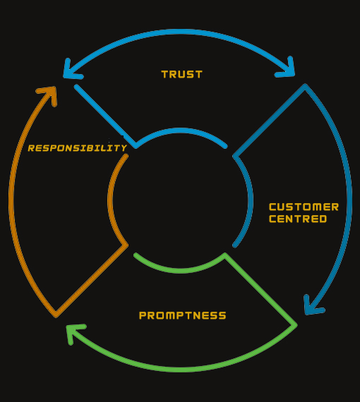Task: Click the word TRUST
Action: click(x=181, y=74)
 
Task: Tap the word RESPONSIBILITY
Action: click(x=77, y=148)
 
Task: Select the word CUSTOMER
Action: click(x=304, y=207)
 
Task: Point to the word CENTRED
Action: click(x=298, y=219)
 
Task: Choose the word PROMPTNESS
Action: click(x=182, y=315)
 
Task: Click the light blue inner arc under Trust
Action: click(x=181, y=130)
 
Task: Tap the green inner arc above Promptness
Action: click(x=179, y=271)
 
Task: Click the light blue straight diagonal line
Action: click(x=105, y=116)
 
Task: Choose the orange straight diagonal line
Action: click(x=91, y=280)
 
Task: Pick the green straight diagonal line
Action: click(x=260, y=290)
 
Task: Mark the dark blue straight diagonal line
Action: click(x=269, y=120)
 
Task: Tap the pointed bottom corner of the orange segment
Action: click(x=56, y=315)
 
